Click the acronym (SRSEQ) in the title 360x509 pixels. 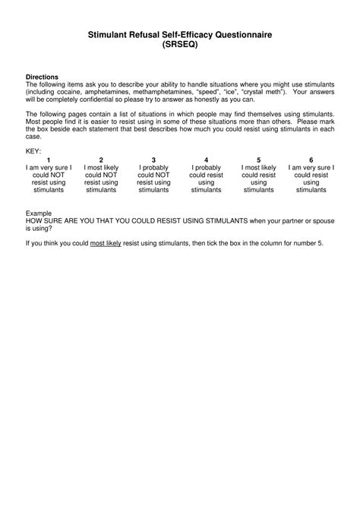click(180, 46)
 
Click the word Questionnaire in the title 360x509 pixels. click(238, 35)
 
